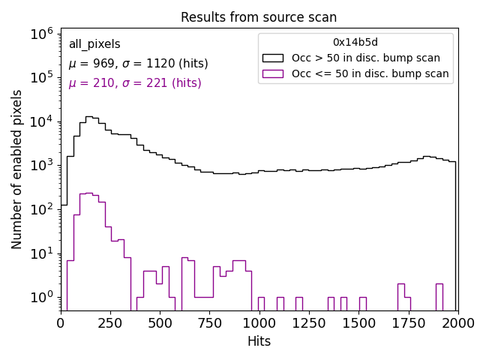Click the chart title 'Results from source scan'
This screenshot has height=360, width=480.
click(x=259, y=17)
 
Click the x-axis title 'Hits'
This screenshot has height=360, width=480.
click(x=259, y=341)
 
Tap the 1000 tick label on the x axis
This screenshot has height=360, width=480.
click(x=259, y=322)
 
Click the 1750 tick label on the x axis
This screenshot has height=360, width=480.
click(x=408, y=322)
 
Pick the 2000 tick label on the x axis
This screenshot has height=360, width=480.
click(x=457, y=322)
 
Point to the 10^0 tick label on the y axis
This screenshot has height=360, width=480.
click(x=42, y=297)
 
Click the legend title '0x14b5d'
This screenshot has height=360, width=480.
click(x=355, y=43)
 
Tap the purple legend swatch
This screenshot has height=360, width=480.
click(x=273, y=73)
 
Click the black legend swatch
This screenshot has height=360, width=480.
click(x=273, y=58)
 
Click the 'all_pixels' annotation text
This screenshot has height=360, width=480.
click(x=94, y=44)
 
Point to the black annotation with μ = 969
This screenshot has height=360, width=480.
click(x=138, y=64)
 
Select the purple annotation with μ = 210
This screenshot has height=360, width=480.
click(x=135, y=83)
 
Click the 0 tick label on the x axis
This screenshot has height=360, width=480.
click(x=61, y=322)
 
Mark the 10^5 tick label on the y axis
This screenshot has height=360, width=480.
click(x=42, y=77)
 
